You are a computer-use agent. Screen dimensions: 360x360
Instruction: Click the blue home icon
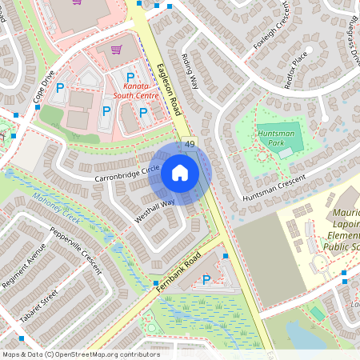(x=180, y=173)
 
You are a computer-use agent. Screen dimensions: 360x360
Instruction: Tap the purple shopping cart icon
(x=116, y=50)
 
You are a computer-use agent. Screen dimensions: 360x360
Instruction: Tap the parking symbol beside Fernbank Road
(x=207, y=279)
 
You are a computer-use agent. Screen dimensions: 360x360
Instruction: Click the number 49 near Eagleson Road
(x=190, y=144)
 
